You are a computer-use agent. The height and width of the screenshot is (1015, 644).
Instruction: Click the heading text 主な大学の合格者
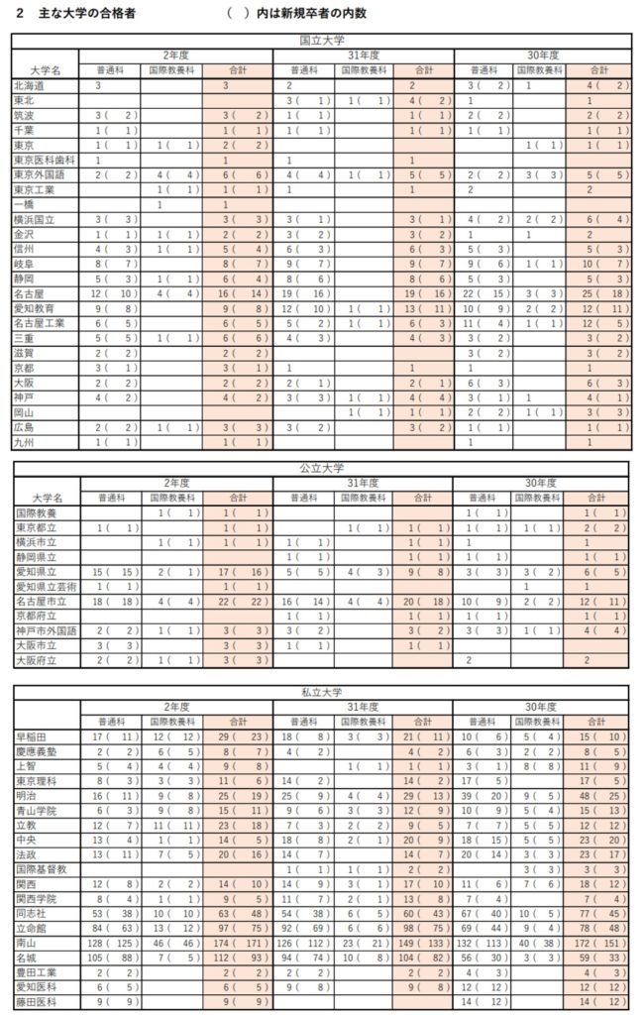[82, 14]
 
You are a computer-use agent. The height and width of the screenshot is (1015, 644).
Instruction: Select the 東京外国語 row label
[39, 174]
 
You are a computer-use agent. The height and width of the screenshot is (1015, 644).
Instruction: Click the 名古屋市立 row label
[39, 601]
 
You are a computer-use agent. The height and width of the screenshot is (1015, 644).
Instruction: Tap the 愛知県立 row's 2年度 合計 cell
[239, 572]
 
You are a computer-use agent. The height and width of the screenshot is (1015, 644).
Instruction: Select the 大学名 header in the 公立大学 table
[47, 497]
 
